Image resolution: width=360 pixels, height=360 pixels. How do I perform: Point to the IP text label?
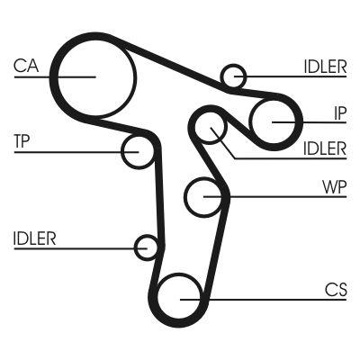point(339,112)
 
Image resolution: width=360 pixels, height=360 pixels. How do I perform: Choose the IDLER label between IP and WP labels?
point(324,148)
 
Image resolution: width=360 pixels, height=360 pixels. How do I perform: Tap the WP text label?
point(334,190)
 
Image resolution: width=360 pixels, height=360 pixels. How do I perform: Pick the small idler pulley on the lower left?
point(147,246)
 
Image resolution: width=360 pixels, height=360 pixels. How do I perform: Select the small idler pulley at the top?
point(234,76)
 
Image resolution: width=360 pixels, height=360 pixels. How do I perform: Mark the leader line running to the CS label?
point(270,299)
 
